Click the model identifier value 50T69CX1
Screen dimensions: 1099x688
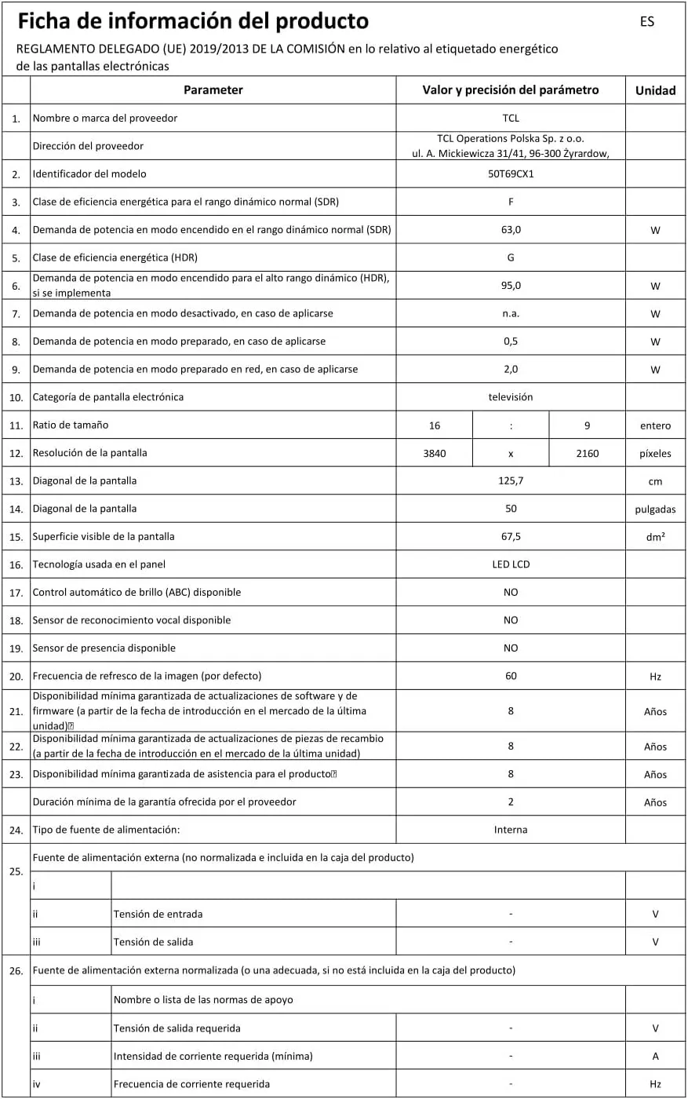point(511,174)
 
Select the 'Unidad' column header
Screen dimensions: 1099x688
point(655,90)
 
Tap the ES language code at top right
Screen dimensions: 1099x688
point(647,22)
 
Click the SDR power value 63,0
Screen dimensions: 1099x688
point(511,230)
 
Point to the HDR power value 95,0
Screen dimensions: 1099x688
point(511,286)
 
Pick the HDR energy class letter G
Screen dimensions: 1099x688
point(511,257)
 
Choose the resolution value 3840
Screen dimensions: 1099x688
point(435,453)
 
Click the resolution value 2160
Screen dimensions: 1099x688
point(588,453)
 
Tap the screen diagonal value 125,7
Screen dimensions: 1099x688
point(511,480)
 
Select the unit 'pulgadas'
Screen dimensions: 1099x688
point(655,509)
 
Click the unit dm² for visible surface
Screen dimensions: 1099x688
point(655,537)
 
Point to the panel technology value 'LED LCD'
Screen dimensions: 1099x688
point(511,564)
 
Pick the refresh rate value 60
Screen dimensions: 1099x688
point(511,676)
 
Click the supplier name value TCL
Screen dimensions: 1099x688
point(511,119)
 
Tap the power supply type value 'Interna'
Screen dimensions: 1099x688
point(511,830)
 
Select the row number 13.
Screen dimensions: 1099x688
point(16,481)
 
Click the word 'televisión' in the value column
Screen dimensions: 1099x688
point(511,397)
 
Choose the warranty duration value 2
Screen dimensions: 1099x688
point(511,802)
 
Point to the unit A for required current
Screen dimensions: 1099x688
point(655,1056)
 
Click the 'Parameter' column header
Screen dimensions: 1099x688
point(213,90)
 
